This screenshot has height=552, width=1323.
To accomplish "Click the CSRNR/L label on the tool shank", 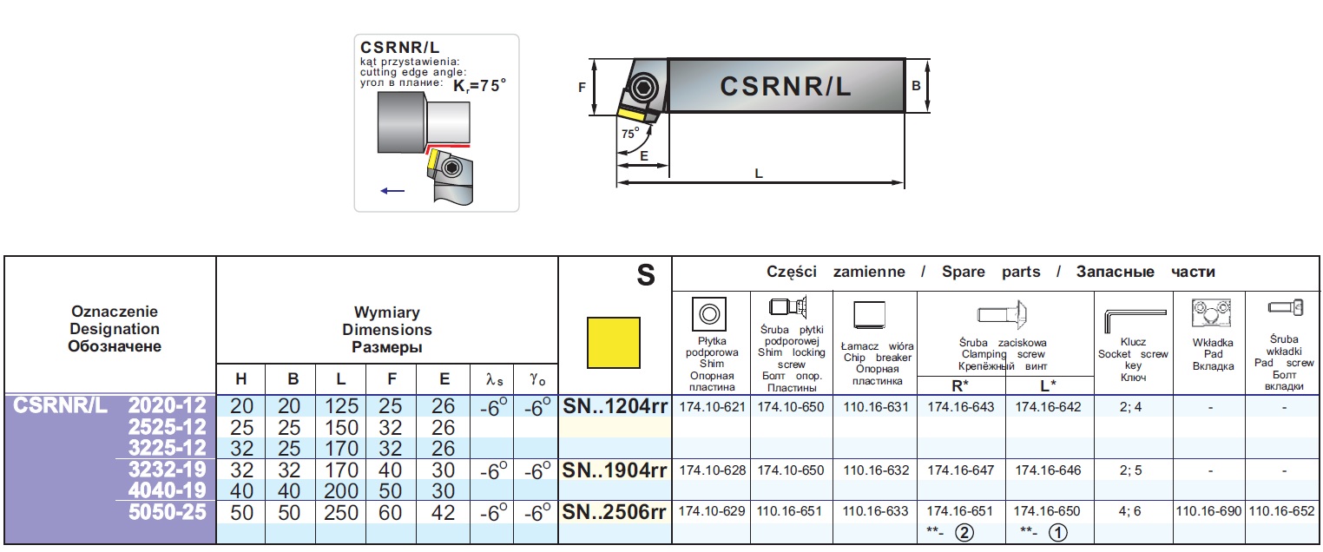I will [x=786, y=86].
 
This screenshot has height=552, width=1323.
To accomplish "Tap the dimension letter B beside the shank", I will [x=916, y=85].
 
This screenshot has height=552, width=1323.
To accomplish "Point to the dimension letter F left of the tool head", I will [x=583, y=86].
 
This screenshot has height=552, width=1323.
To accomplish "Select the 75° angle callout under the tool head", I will [x=630, y=134].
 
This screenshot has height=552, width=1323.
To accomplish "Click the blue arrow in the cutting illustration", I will [x=392, y=190].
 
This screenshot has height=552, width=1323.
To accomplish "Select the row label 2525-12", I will [x=165, y=426].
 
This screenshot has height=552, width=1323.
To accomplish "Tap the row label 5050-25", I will [x=167, y=512].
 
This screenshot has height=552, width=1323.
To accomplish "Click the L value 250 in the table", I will [x=341, y=513].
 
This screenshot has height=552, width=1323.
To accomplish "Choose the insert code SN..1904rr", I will [x=615, y=470].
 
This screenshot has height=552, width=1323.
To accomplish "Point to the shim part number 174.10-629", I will [x=711, y=511].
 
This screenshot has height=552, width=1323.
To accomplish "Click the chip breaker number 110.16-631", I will [x=876, y=406].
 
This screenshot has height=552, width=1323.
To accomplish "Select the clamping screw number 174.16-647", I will [x=961, y=470].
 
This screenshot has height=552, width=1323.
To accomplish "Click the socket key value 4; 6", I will [x=1131, y=511].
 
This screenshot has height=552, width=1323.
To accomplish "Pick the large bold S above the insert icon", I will [x=645, y=276].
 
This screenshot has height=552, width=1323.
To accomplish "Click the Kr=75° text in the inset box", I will [x=479, y=86].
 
